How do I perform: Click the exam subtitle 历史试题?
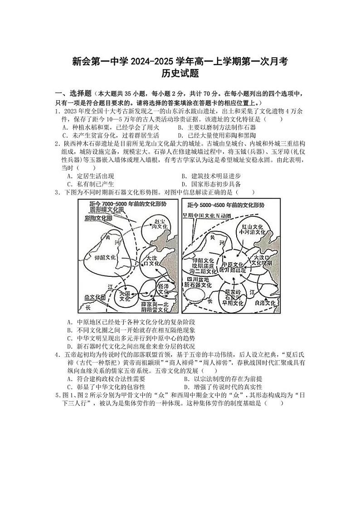[180, 73]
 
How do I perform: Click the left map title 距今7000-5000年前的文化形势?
[119, 204]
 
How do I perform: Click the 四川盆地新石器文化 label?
[197, 282]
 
